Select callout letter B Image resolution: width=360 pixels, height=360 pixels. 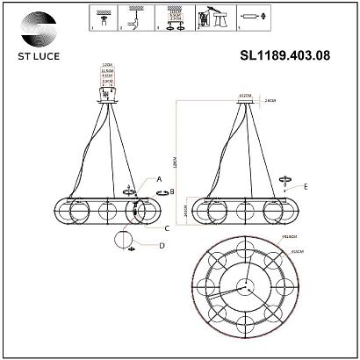pyautogui.click(x=173, y=191)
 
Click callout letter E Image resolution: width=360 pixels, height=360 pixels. pyautogui.click(x=306, y=187)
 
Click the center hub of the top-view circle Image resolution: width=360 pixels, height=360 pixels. pyautogui.click(x=242, y=289)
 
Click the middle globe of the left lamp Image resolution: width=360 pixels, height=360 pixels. pyautogui.click(x=108, y=212)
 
